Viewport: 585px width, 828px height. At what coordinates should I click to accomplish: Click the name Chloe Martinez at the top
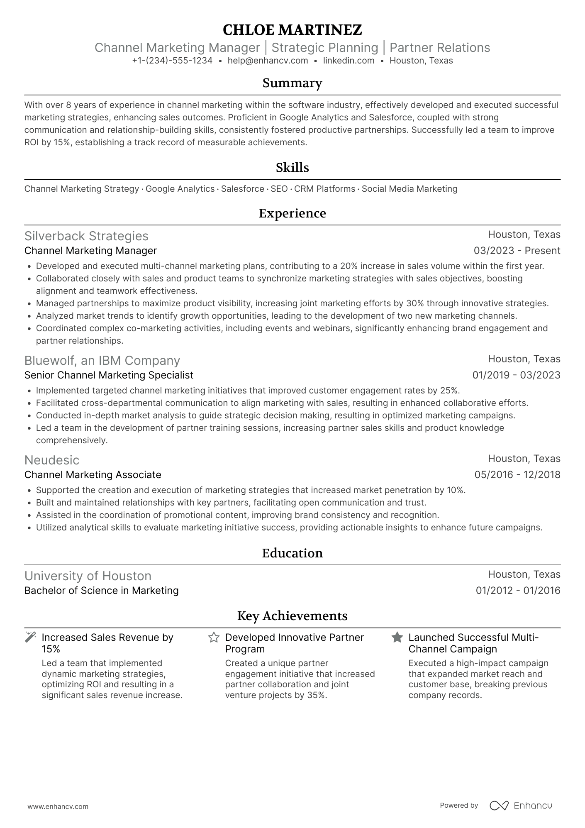click(292, 30)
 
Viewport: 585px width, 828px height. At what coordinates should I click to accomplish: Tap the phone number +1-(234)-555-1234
click(172, 61)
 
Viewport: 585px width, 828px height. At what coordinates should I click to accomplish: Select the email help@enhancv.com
click(268, 61)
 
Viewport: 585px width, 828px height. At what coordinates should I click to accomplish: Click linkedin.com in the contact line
click(349, 61)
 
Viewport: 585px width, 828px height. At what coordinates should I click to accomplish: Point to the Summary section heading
click(292, 83)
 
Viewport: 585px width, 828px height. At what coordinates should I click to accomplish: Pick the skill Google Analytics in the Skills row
click(180, 189)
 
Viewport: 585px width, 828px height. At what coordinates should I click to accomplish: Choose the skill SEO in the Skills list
click(279, 189)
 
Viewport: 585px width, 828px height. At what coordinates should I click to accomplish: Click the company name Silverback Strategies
click(86, 236)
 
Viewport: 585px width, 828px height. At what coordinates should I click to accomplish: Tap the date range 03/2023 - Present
click(517, 251)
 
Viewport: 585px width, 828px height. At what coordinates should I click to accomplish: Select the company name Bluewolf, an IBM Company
click(102, 360)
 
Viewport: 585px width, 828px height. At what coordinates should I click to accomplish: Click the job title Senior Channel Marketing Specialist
click(109, 375)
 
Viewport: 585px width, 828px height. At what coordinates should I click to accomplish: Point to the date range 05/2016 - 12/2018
click(517, 475)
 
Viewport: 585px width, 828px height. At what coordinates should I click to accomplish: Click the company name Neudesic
click(52, 460)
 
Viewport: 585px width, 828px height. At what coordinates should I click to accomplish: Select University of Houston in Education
click(88, 576)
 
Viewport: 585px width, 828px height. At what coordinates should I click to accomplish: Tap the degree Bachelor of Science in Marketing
click(101, 591)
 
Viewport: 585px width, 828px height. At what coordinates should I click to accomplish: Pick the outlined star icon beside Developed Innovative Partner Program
click(214, 637)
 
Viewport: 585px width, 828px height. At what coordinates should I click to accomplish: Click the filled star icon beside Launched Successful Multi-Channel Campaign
click(397, 637)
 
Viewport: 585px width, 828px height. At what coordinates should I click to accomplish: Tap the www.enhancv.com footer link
click(58, 807)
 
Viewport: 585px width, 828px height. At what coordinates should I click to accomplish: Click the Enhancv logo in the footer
click(521, 806)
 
